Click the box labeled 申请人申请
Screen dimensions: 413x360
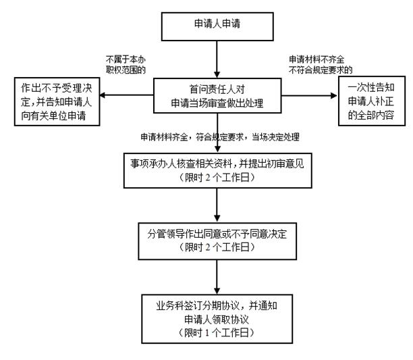click(x=217, y=26)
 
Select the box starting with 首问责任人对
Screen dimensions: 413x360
click(x=217, y=96)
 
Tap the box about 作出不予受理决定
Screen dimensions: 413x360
click(x=57, y=101)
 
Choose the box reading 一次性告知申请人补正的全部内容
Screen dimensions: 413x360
click(x=372, y=101)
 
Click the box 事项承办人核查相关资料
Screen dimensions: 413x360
click(x=217, y=170)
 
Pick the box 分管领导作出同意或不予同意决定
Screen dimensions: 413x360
click(x=217, y=241)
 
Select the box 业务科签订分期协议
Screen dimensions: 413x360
click(x=217, y=319)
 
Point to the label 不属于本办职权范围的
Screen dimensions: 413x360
click(x=126, y=65)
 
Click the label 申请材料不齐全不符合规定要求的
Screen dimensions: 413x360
click(x=321, y=65)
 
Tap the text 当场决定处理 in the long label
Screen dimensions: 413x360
click(x=275, y=137)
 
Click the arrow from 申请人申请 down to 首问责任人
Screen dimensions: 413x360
click(x=217, y=59)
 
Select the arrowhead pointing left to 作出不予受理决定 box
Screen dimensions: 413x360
click(x=102, y=95)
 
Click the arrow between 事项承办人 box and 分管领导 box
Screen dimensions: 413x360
click(x=217, y=205)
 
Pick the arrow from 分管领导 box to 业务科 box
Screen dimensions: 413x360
click(x=217, y=277)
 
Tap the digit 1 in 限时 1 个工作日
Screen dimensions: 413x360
click(x=207, y=333)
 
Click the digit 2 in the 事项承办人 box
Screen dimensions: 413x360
click(x=208, y=178)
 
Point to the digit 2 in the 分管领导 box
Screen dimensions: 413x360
click(x=208, y=247)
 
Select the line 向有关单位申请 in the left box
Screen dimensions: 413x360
click(x=53, y=115)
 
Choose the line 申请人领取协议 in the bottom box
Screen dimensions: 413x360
click(x=217, y=319)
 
